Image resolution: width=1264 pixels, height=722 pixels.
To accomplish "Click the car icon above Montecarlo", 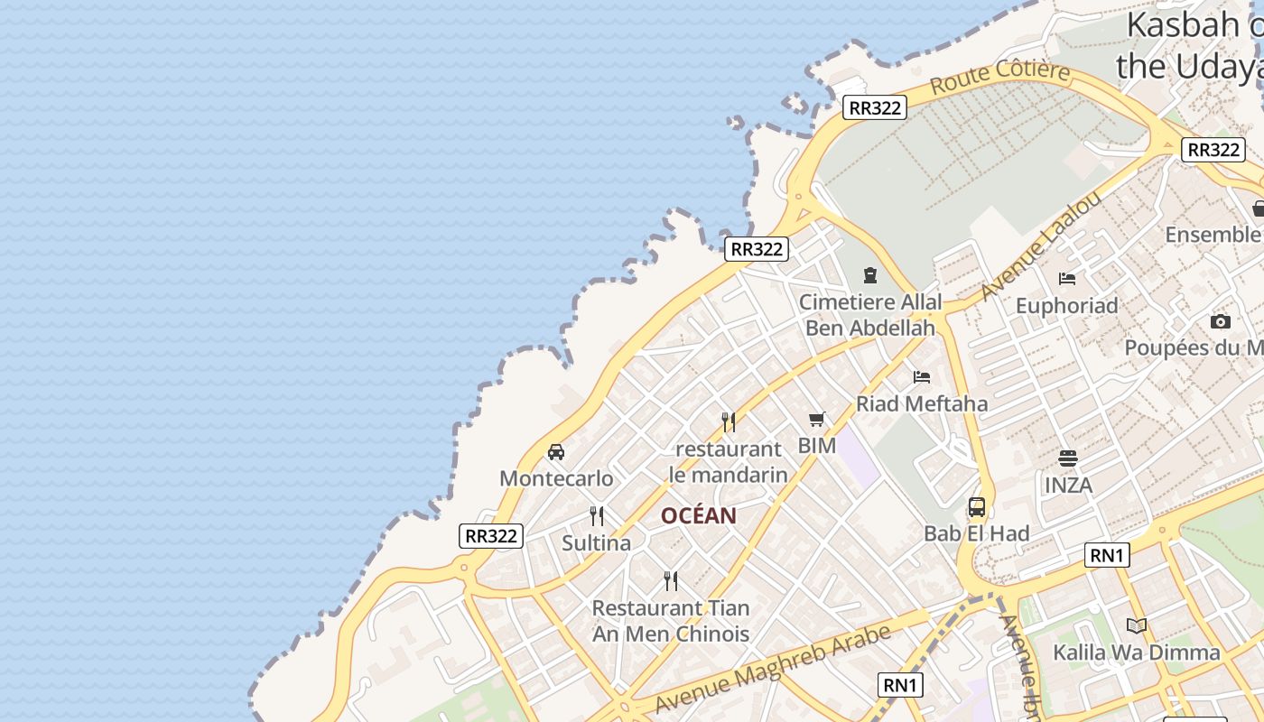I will [x=556, y=452].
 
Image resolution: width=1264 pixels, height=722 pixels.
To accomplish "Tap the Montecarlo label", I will [x=556, y=478].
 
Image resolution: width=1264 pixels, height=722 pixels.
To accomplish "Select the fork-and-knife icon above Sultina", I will [x=597, y=516].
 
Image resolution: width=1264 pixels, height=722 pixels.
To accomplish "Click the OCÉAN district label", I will [x=699, y=516].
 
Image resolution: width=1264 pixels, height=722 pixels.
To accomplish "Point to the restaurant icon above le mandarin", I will [x=729, y=422].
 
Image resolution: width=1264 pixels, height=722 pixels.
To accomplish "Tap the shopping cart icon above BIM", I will [x=817, y=419].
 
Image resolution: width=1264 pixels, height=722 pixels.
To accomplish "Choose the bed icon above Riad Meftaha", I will [x=922, y=376].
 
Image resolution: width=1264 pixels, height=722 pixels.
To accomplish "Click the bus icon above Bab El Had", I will [x=977, y=507].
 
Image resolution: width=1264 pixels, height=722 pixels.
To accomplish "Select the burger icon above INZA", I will [x=1068, y=458].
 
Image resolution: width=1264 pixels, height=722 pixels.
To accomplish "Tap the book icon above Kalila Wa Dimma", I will [x=1137, y=625].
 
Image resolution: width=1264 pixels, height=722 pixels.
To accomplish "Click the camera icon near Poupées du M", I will [x=1220, y=321].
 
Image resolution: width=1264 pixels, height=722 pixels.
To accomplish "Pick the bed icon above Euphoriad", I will [x=1067, y=278].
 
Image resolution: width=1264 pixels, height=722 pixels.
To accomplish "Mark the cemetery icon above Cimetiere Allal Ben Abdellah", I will [x=870, y=275].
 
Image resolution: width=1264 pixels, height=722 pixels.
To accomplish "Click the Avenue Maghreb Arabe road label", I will [x=774, y=668].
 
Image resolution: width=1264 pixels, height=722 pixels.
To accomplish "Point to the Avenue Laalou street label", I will [x=1042, y=245].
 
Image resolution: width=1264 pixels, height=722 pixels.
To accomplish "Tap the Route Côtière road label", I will [x=1000, y=79].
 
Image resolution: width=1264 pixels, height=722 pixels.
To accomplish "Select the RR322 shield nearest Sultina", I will [x=491, y=536].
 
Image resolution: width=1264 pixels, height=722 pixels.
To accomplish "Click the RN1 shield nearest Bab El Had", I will [x=1107, y=555].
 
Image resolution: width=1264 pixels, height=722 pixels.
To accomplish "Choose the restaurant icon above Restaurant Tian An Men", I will [x=671, y=580].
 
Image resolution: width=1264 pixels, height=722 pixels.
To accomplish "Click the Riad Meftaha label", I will [x=922, y=403].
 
